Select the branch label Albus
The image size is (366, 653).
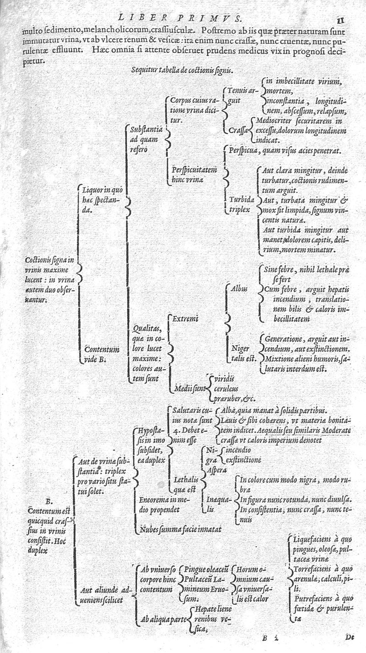[x=239, y=289]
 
